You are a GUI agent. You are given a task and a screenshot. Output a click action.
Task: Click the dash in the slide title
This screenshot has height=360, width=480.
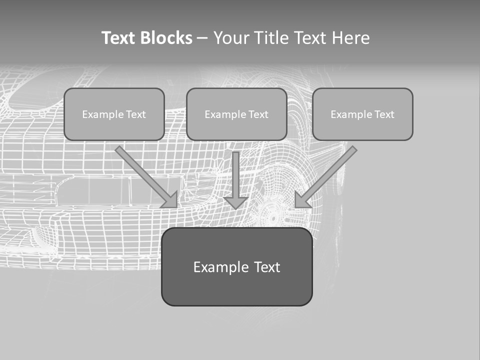202,38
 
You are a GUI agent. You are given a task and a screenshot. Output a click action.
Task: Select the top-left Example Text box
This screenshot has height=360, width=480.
114,114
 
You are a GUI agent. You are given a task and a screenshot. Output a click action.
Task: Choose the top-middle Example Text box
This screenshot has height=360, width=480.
236,114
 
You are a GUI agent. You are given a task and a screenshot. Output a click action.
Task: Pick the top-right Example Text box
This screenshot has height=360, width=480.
362,114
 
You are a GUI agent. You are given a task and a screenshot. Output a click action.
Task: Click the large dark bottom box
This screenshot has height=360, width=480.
236,266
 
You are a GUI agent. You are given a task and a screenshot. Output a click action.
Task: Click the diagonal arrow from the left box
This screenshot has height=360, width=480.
145,175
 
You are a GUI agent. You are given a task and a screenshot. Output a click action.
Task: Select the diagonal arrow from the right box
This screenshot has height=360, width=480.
327,175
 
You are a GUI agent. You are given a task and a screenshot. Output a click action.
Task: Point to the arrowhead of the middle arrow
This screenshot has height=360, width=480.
235,202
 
